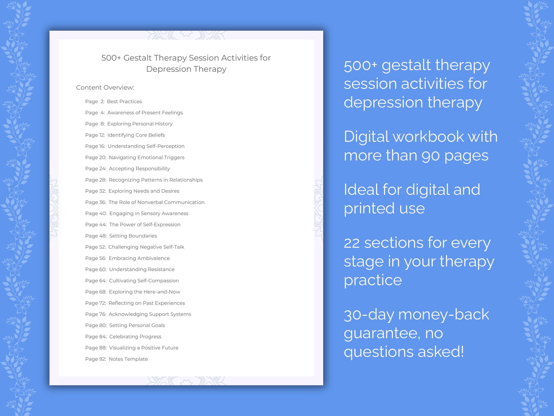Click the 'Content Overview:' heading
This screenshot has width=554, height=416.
point(105,87)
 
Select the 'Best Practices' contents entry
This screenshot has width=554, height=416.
point(124,102)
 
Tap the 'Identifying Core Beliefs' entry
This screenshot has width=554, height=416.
point(136,135)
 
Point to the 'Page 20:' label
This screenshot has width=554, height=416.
point(95,157)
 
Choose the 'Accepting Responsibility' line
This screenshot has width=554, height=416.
point(139,168)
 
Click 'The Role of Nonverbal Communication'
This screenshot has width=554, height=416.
point(156,202)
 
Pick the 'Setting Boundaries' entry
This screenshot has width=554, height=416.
point(133,236)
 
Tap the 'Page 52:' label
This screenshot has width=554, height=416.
point(95,247)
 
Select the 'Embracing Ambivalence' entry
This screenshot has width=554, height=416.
point(139,258)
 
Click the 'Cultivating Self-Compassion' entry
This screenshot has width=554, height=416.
point(144,281)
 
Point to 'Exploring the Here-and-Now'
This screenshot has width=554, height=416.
point(144,292)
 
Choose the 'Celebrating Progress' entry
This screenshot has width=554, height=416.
point(135,337)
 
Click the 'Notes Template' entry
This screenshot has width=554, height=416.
point(128,359)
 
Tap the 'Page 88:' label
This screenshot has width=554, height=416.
point(95,348)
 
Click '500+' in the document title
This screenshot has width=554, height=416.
point(111,58)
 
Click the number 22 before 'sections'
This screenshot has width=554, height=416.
point(352,243)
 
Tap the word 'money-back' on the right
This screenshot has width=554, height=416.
point(444,315)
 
